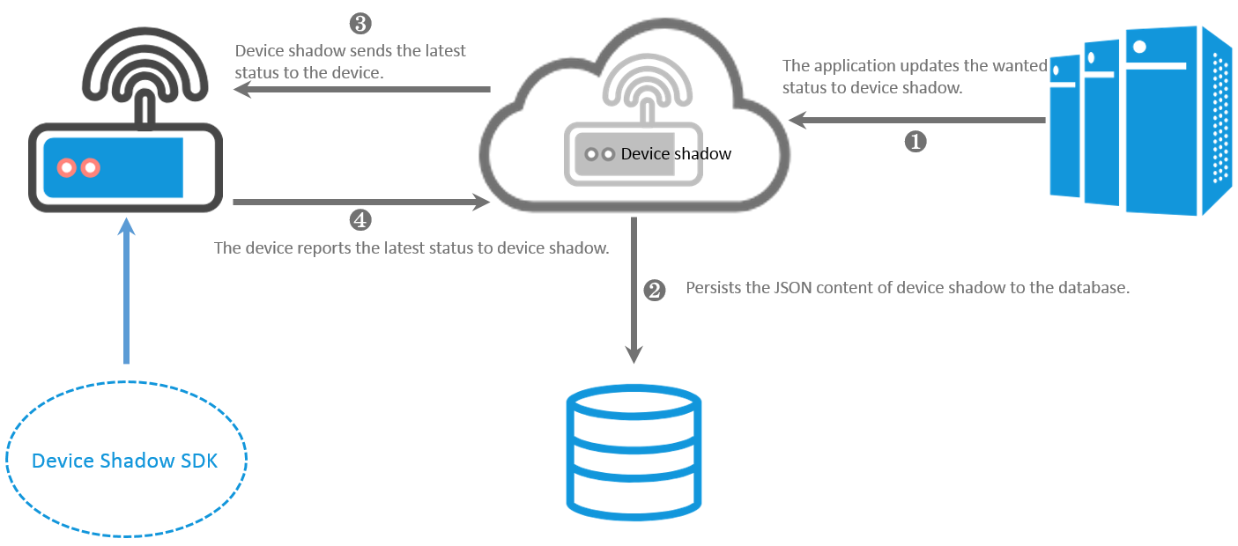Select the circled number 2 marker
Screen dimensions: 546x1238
(655, 290)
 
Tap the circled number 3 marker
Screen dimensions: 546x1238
(360, 24)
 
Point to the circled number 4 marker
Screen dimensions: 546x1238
(360, 219)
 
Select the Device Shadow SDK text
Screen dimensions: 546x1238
(124, 461)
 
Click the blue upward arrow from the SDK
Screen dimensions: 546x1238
(127, 291)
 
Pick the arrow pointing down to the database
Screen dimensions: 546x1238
(634, 291)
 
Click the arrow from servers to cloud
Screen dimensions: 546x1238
(916, 120)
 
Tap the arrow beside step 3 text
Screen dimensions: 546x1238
(361, 89)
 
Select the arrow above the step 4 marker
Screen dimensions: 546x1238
(361, 203)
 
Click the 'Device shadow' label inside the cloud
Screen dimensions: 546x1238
(676, 154)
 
